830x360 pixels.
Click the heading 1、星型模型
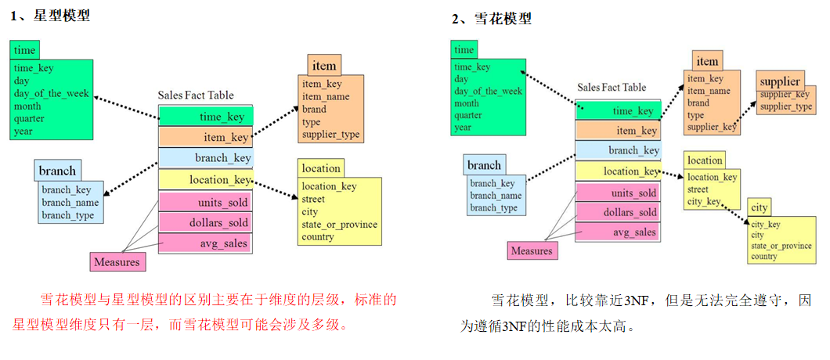pyautogui.click(x=51, y=15)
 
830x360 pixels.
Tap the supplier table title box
pyautogui.click(x=780, y=81)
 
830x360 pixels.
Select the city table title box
pyautogui.click(x=759, y=207)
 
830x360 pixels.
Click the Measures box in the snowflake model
pyautogui.click(x=532, y=251)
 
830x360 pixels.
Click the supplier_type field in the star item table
pyautogui.click(x=331, y=135)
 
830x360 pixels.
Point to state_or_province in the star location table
pyautogui.click(x=340, y=225)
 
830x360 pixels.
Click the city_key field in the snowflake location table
pyautogui.click(x=704, y=201)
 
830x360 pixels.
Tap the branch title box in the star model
pyautogui.click(x=58, y=170)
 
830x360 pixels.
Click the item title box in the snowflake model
pyautogui.click(x=707, y=61)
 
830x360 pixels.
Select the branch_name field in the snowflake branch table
pyautogui.click(x=496, y=196)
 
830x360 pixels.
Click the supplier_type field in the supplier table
pyautogui.click(x=786, y=106)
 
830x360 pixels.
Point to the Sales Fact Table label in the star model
pyautogui.click(x=196, y=95)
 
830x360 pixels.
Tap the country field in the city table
pyautogui.click(x=764, y=257)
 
